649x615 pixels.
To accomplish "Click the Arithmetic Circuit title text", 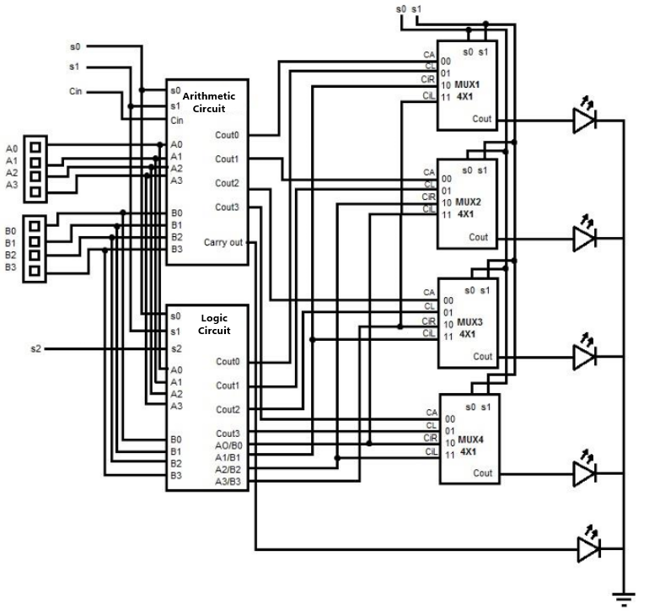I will click(215, 102).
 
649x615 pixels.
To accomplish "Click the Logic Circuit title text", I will click(215, 324).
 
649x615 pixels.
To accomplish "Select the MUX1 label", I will click(469, 85).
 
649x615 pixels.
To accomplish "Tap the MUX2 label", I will click(469, 202).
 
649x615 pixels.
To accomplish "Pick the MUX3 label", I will click(469, 322).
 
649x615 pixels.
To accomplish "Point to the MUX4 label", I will click(469, 440).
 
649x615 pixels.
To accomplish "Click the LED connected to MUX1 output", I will click(585, 121).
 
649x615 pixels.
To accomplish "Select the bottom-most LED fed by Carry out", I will click(588, 550).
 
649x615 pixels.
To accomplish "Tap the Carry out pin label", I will click(223, 243).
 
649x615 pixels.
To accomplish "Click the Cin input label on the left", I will click(75, 90).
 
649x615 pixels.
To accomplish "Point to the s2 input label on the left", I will click(36, 348).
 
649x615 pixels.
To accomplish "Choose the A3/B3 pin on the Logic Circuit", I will click(228, 482).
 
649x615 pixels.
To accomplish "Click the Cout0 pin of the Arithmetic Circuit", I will click(227, 135).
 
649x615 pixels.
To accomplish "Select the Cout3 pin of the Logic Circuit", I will click(228, 434).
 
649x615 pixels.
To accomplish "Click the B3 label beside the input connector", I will click(10, 267).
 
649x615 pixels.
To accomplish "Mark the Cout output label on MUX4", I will click(482, 473).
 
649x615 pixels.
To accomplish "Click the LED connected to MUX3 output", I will click(585, 357).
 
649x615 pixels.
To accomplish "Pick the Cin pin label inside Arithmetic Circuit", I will click(176, 121).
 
